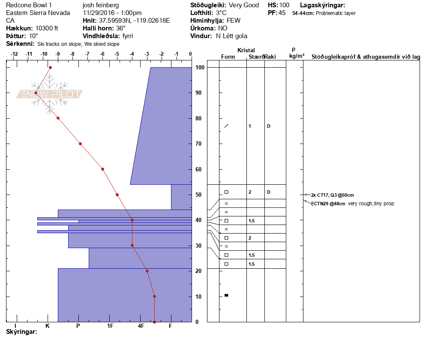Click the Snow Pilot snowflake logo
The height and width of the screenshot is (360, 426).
49,94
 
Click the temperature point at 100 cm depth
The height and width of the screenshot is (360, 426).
50,67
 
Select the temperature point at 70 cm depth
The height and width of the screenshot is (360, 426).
81,144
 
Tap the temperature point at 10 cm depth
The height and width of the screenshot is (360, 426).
154,297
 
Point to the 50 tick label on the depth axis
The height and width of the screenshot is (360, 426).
198,195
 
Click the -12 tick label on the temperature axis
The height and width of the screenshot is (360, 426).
14,54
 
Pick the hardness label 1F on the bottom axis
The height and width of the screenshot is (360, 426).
110,326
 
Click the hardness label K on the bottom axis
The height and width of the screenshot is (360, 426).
47,326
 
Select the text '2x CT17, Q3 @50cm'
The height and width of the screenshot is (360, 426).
332,195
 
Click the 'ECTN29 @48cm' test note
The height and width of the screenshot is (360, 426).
328,204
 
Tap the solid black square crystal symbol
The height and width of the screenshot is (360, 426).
226,295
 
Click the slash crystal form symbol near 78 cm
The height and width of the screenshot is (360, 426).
226,126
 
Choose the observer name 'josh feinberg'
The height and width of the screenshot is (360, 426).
101,5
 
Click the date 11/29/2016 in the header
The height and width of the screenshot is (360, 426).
97,13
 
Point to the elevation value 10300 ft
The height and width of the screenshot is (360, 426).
46,28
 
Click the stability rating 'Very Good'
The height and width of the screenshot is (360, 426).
244,5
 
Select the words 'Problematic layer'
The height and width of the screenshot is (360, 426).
336,13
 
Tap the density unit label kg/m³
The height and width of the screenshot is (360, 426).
297,56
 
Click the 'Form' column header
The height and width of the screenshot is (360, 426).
228,57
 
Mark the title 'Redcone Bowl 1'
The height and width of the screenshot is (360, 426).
29,5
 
